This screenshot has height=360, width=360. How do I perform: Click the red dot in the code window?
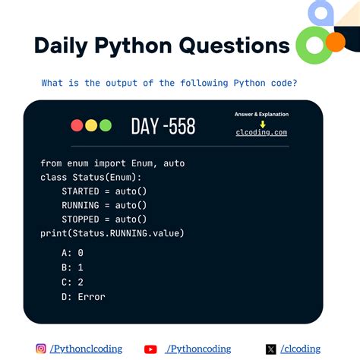coord(77,126)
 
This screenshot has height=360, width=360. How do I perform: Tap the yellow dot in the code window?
coord(91,126)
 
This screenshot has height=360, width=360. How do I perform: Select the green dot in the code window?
coord(105,126)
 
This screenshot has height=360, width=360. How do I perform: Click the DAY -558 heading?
coord(163,126)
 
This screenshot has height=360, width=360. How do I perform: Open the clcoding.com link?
coord(261,132)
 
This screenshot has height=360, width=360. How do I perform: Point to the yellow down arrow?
coord(262,123)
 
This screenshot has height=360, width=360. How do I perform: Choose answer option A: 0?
coord(73,252)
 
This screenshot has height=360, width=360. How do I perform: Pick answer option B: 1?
coord(73,267)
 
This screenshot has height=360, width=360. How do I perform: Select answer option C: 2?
coord(73,282)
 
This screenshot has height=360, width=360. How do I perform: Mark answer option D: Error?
coord(84,297)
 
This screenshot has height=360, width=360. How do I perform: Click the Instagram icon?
coord(41,349)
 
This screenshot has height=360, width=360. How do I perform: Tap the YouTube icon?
coord(150,349)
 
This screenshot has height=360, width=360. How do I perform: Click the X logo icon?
coord(271,349)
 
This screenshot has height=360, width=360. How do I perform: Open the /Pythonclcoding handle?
coord(85,349)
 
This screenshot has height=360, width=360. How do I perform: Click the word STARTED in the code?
coord(81,191)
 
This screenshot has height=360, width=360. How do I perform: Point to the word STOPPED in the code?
coord(81,219)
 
